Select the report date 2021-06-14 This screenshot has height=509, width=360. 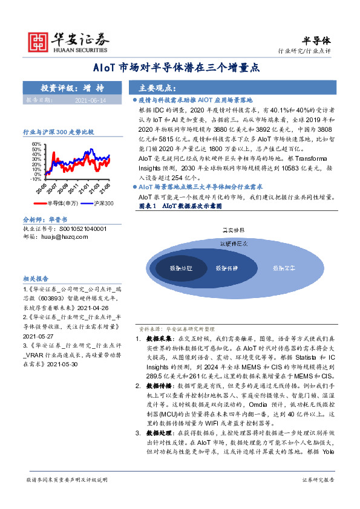91,100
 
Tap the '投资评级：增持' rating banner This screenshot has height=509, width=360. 71,88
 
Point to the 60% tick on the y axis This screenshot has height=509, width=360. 36,144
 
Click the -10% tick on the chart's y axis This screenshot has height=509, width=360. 35,179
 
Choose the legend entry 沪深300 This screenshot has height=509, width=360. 103,204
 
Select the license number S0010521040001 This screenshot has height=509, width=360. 82,229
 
